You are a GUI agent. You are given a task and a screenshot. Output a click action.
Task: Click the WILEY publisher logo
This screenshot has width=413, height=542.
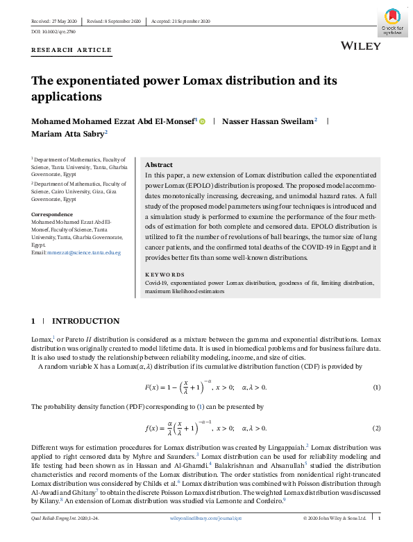pyautogui.click(x=361, y=46)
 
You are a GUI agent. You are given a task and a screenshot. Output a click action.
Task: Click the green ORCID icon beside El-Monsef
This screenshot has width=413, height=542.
pyautogui.click(x=203, y=121)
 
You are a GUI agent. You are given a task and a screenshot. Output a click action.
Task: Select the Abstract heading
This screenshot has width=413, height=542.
pyautogui.click(x=159, y=165)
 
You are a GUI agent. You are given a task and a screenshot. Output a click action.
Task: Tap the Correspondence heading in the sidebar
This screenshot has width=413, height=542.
pyautogui.click(x=53, y=214)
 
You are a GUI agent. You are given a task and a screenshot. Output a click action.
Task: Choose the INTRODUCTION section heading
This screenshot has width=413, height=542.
pyautogui.click(x=85, y=322)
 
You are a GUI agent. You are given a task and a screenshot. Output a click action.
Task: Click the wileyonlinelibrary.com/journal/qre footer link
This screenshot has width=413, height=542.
pyautogui.click(x=206, y=518)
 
